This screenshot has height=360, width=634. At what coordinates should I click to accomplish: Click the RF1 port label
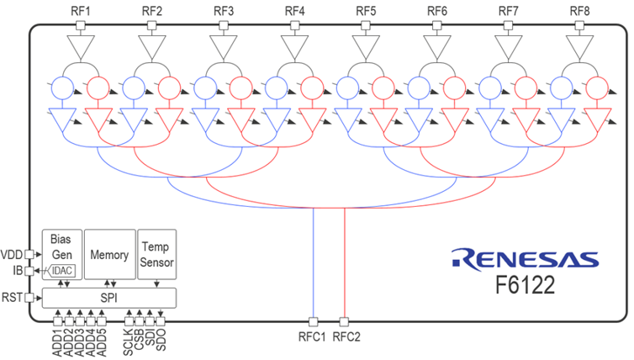(x=81, y=11)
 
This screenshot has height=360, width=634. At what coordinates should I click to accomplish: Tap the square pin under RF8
(x=579, y=26)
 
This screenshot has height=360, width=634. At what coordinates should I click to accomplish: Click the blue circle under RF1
(x=63, y=87)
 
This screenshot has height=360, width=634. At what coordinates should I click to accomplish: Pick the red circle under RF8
(x=597, y=87)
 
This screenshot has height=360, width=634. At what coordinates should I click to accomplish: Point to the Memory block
(x=109, y=254)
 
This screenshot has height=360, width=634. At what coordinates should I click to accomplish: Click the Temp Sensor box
(x=157, y=254)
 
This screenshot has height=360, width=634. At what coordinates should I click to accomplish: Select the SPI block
(x=109, y=298)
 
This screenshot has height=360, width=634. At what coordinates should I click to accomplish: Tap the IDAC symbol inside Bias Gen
(x=61, y=270)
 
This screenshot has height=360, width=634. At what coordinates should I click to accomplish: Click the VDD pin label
(x=12, y=255)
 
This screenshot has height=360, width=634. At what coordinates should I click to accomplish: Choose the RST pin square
(x=29, y=298)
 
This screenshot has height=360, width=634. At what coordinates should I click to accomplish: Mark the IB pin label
(x=18, y=270)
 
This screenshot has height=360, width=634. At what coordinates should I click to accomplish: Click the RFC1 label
(x=312, y=336)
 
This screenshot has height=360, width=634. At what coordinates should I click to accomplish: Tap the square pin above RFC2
(x=344, y=322)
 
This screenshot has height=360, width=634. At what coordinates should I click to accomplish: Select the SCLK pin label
(x=129, y=342)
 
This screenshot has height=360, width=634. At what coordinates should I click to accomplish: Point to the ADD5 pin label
(x=102, y=343)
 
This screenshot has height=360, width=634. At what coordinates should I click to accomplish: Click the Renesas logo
(x=525, y=259)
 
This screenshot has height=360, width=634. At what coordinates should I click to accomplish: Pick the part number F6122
(x=526, y=286)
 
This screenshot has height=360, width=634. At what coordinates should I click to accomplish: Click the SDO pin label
(x=161, y=340)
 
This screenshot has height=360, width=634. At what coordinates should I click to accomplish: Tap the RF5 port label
(x=366, y=11)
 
